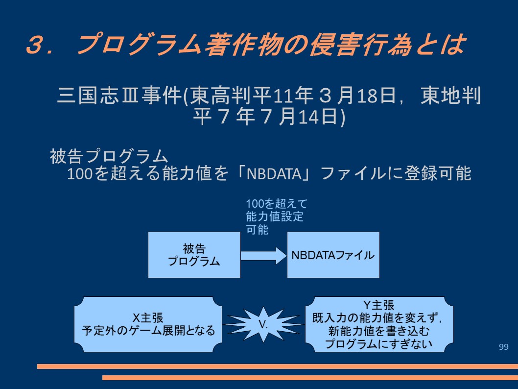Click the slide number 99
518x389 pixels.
tap(503, 347)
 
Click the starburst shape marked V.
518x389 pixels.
tap(263, 324)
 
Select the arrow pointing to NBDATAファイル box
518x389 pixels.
tap(263, 256)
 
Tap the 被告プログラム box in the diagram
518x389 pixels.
tap(194, 255)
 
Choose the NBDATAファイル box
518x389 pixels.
tap(333, 255)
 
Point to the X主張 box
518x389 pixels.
tap(148, 324)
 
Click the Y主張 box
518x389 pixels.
tap(379, 324)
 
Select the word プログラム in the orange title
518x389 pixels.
tap(138, 44)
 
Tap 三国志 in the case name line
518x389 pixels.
tap(88, 95)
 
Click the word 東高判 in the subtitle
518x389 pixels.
tap(221, 95)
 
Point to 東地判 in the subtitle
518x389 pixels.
tap(450, 95)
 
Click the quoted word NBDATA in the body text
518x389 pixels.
tap(274, 173)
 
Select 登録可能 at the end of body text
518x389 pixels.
tap(438, 173)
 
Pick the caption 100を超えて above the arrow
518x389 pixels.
tap(277, 204)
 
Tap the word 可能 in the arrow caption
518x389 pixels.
tap(257, 229)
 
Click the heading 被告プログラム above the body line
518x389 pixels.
tap(109, 156)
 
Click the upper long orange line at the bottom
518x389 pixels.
tap(278, 366)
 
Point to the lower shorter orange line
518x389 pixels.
tap(310, 377)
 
